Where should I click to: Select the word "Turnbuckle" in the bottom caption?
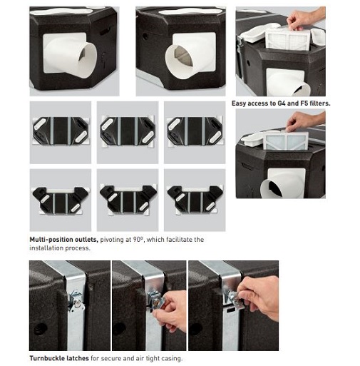coord(44,358)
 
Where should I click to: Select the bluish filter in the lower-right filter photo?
coord(286,141)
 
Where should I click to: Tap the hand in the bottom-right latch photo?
coord(259,298)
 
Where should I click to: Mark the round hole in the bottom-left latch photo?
coord(40,329)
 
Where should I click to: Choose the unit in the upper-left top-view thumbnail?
coord(61,131)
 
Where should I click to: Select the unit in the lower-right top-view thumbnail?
coord(195,199)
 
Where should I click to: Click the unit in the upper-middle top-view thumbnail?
coord(128,131)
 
